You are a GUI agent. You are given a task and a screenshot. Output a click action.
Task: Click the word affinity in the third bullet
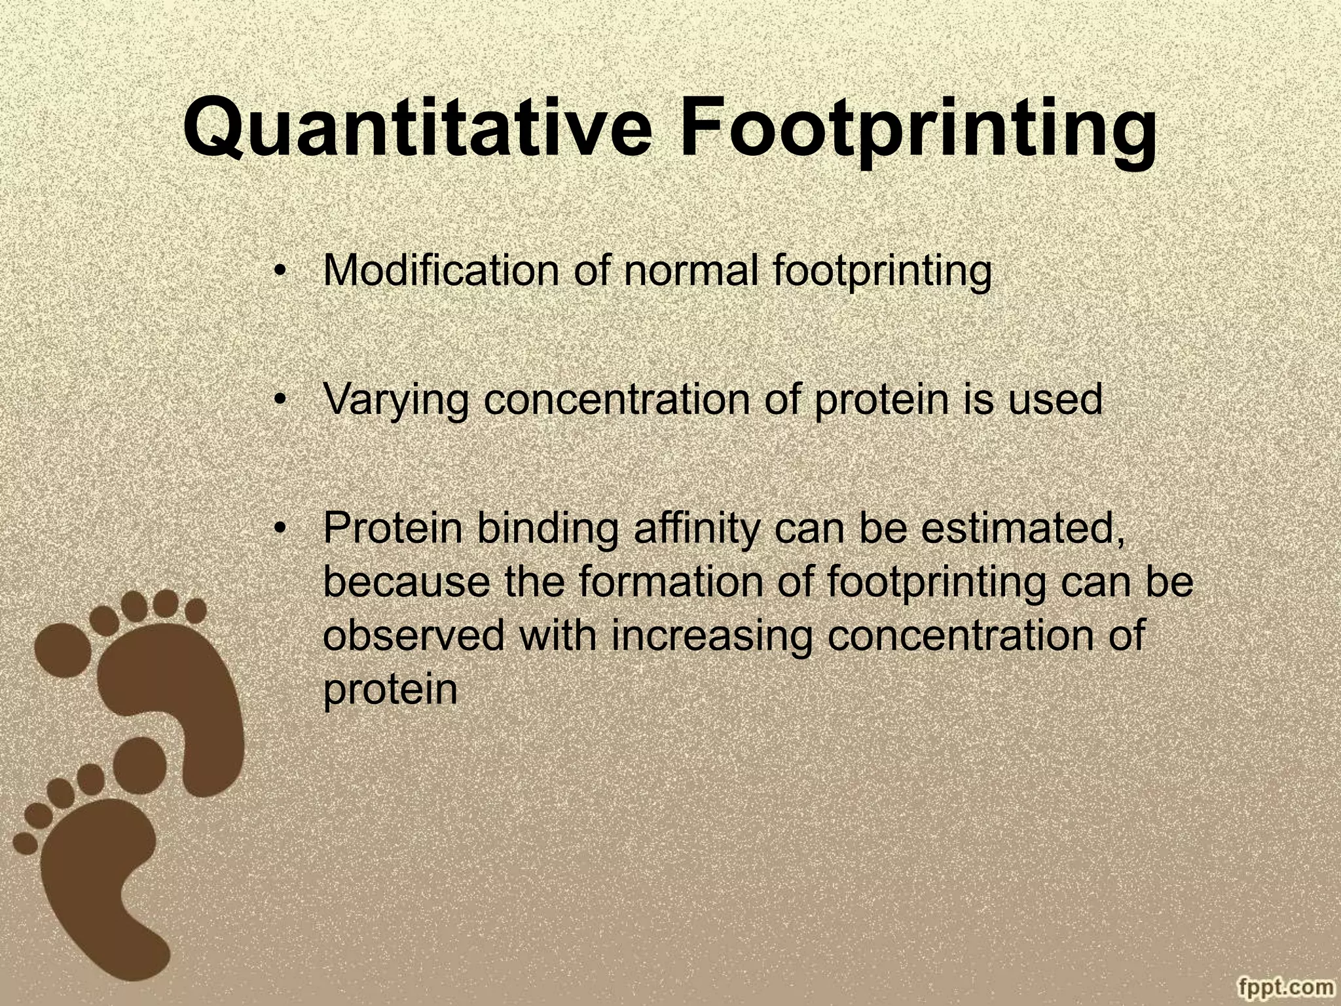[697, 529]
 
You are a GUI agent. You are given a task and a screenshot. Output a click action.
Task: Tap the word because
[406, 582]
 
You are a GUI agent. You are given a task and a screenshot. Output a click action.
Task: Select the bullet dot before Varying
[280, 400]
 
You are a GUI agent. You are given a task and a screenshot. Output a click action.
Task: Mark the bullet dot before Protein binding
[280, 529]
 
